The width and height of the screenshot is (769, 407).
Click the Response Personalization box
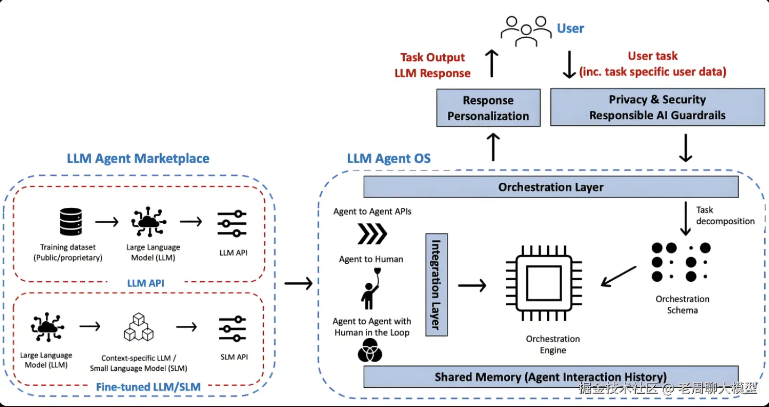click(488, 108)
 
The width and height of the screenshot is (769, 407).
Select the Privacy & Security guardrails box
click(657, 107)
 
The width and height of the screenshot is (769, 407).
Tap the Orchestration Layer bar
click(550, 187)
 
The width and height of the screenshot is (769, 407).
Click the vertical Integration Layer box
click(436, 284)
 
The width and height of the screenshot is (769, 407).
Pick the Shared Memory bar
click(550, 377)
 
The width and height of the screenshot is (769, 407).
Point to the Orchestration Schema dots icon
click(681, 262)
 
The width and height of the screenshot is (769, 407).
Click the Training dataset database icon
click(71, 222)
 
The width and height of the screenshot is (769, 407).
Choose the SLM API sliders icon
click(233, 329)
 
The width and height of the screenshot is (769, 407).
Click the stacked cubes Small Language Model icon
click(139, 327)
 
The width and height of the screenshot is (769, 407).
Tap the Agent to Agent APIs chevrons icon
click(372, 233)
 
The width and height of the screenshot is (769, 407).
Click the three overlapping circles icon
click(370, 351)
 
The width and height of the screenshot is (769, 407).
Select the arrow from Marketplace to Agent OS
click(298, 283)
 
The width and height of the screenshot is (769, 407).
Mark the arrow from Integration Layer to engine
click(472, 286)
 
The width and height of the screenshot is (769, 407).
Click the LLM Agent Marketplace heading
click(138, 158)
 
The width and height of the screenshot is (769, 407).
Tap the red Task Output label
click(432, 58)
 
